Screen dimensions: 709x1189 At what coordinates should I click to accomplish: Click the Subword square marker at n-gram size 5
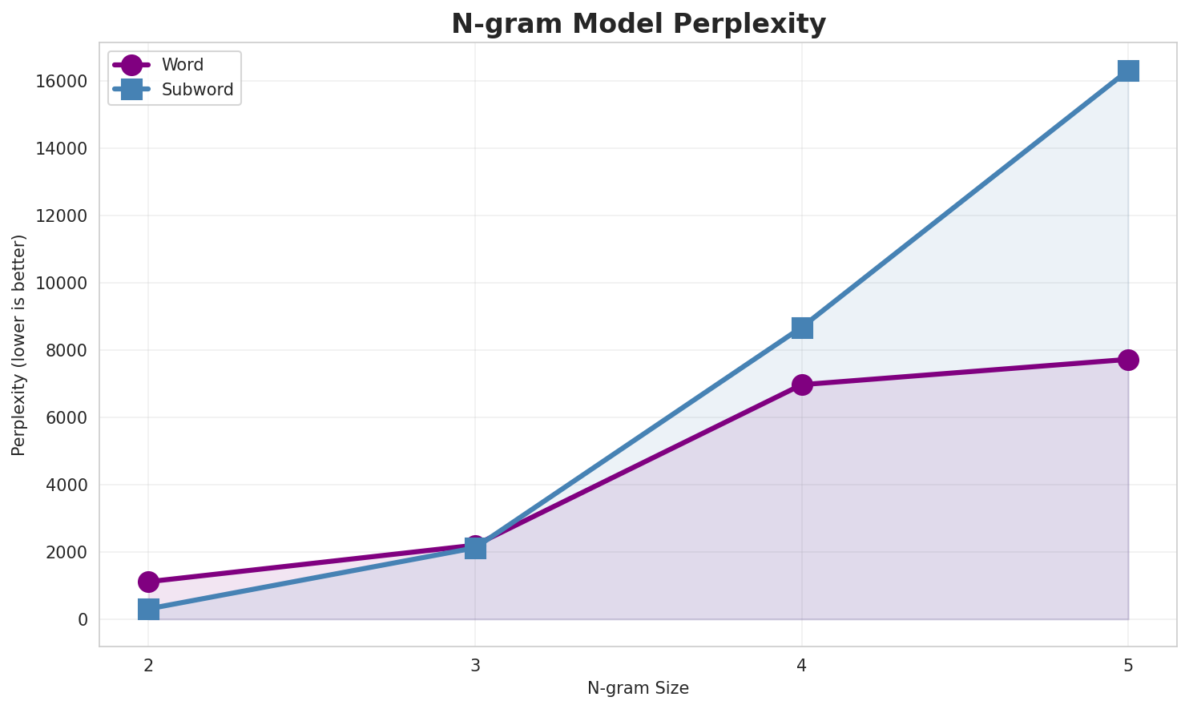1128,70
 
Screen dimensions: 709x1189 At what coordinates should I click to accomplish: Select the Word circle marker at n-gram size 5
1128,360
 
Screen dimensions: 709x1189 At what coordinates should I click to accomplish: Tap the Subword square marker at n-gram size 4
802,328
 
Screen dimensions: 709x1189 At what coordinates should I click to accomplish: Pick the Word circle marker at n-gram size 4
802,385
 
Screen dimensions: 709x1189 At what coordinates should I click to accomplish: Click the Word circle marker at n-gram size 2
148,582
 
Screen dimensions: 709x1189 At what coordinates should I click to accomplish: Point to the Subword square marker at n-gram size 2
148,609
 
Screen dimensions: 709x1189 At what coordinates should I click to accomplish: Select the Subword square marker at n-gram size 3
475,549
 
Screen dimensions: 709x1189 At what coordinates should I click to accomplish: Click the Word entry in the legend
182,65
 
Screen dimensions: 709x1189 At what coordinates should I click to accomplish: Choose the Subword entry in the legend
197,90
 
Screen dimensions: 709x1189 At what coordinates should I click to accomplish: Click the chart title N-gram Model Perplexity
638,24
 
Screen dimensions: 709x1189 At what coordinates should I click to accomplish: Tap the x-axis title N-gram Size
638,688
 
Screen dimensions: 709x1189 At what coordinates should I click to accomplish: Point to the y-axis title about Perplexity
19,344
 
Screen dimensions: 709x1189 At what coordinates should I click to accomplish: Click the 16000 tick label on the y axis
60,82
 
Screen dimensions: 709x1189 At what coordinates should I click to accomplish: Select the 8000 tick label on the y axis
66,350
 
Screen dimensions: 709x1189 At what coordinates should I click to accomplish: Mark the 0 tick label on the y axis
83,619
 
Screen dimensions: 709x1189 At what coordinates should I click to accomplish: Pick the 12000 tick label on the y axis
60,216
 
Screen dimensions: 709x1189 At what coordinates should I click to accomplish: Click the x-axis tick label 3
475,665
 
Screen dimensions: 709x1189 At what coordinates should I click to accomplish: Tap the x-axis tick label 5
1128,665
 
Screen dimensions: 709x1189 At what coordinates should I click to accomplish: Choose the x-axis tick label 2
148,665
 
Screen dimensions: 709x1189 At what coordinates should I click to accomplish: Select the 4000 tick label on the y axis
66,485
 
